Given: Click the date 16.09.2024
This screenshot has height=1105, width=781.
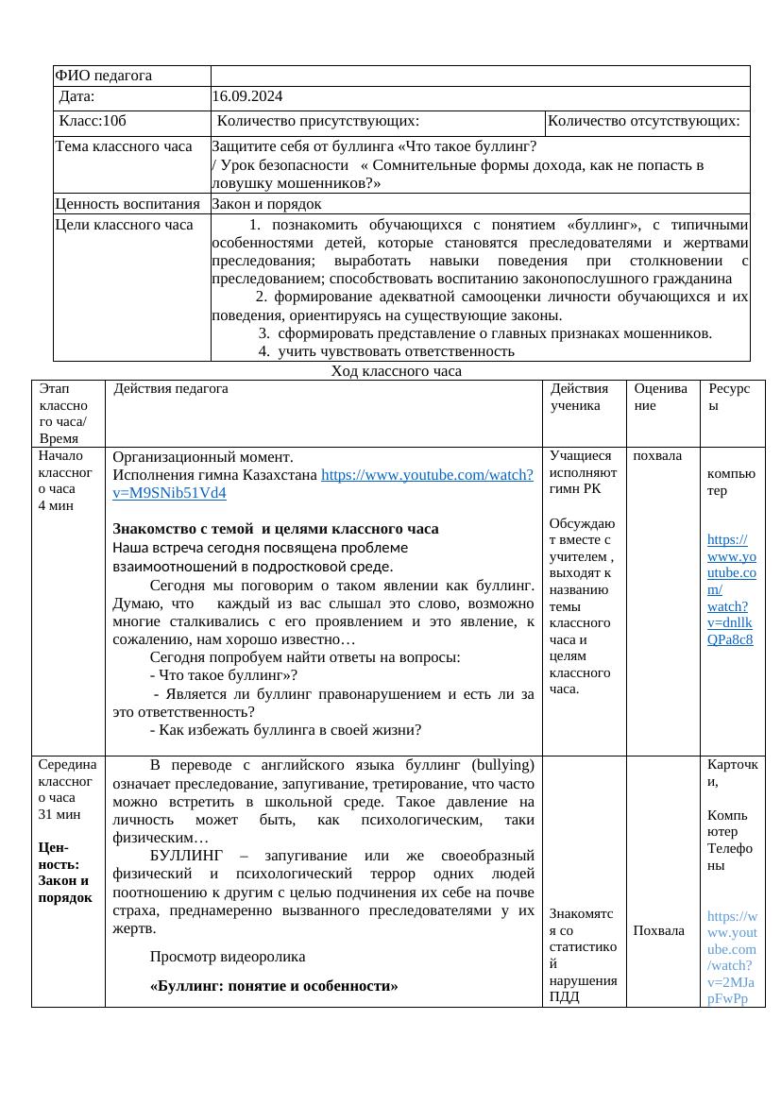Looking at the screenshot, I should [246, 96].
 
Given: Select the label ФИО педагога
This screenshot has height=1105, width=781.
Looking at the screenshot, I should [103, 76].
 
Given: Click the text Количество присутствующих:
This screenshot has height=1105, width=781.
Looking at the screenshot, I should [318, 121].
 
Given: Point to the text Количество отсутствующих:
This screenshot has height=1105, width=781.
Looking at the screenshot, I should [643, 121].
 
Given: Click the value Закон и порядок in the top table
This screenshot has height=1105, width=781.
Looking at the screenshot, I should [266, 203].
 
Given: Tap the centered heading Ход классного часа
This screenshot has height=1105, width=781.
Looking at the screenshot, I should [396, 371].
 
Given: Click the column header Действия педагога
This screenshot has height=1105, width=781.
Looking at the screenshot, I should [171, 388].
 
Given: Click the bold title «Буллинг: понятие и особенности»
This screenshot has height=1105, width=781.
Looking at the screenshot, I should [274, 986].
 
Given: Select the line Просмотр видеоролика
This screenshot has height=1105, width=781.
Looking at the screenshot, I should [228, 957].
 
